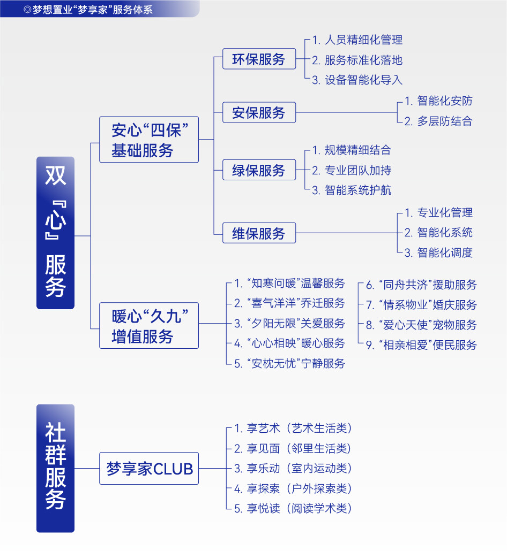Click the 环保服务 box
tap(259, 59)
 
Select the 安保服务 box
tap(259, 112)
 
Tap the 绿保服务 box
tap(259, 170)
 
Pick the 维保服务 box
tap(259, 233)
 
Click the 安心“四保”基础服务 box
tap(149, 140)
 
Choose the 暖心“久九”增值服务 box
tap(149, 325)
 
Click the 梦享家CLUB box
tap(149, 469)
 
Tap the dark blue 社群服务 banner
tap(55, 468)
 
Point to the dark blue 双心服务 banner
tap(55, 233)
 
